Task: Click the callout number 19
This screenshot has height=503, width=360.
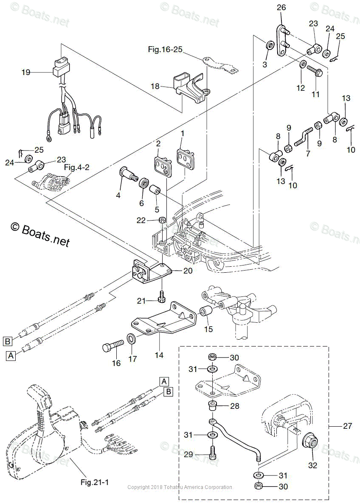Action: [26, 73]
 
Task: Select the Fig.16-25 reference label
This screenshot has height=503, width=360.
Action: [165, 50]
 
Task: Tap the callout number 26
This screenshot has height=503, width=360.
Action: [281, 7]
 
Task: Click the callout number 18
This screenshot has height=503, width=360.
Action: [155, 86]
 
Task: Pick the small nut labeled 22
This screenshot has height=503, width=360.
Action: [162, 220]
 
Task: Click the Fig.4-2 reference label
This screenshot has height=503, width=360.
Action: [77, 167]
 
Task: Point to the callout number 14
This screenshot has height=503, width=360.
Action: [159, 355]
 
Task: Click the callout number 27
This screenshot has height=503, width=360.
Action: [347, 425]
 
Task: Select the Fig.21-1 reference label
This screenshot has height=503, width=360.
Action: [95, 482]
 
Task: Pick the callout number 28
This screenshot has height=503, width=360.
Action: [235, 406]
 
